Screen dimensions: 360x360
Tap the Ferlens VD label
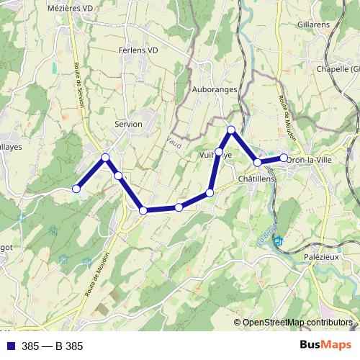coord(138,51)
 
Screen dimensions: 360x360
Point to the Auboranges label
coord(215,90)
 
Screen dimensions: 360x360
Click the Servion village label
coord(128,124)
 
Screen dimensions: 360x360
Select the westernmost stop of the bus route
coord(76,189)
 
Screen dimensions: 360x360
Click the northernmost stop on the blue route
coord(231,130)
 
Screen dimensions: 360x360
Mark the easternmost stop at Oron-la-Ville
coord(284,158)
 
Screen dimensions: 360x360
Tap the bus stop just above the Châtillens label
coord(257,163)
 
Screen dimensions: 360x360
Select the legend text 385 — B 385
coord(52,346)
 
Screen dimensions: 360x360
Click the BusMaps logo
coord(320,346)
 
